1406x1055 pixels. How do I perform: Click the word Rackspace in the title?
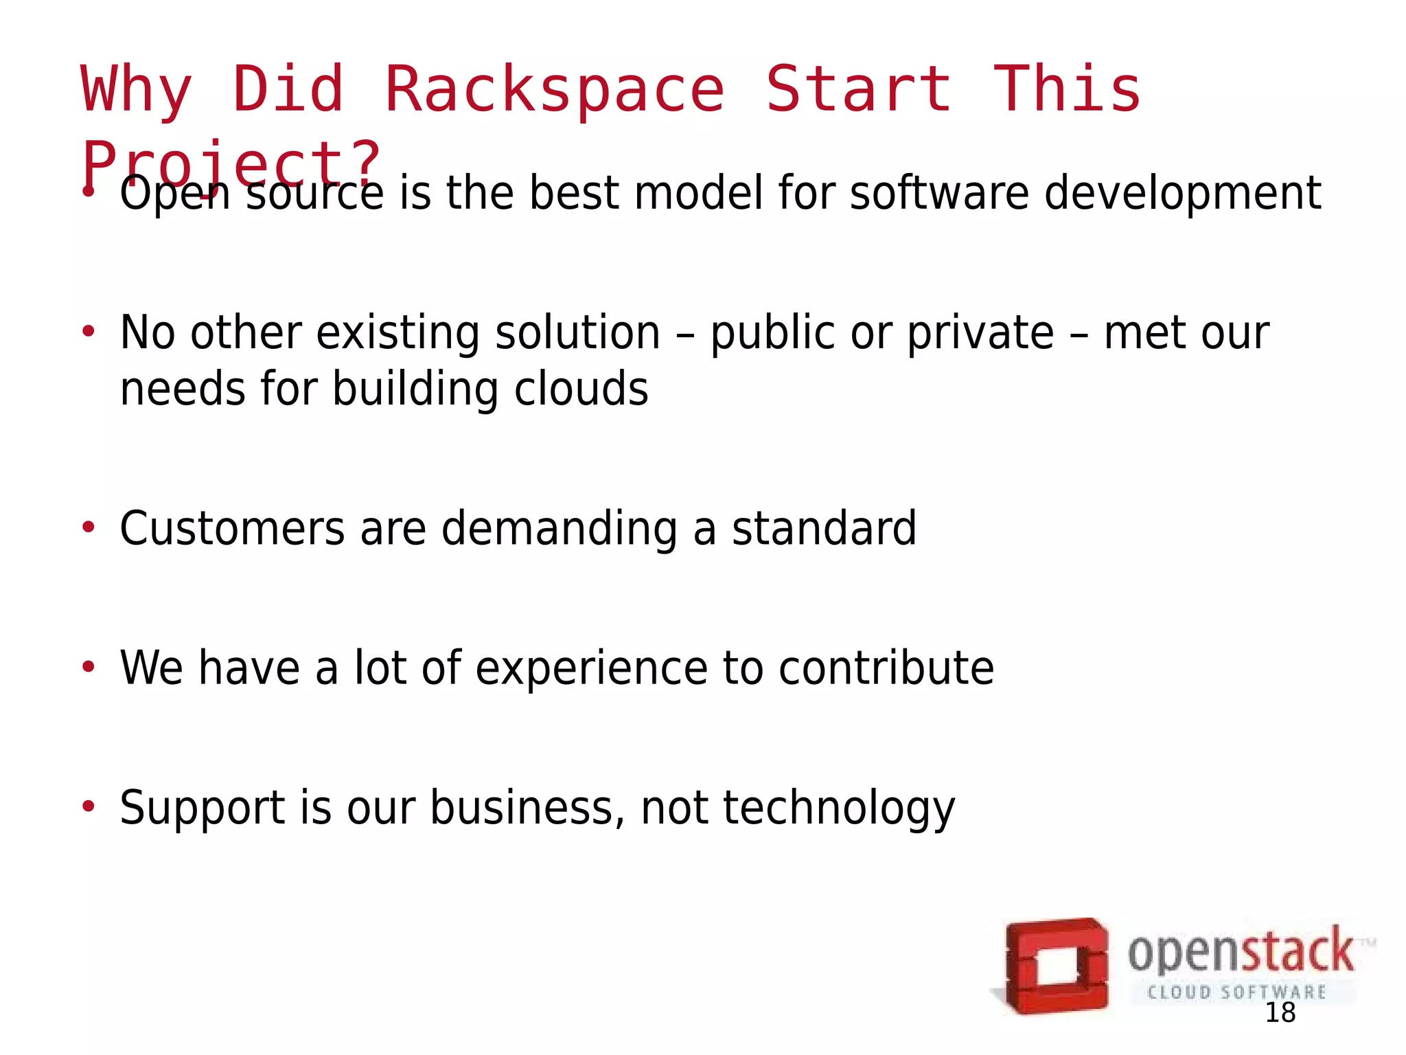point(555,89)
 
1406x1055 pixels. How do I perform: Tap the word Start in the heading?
point(859,89)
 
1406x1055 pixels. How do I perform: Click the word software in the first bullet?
point(939,193)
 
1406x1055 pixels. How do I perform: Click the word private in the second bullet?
point(980,334)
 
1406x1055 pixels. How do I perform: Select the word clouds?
point(581,389)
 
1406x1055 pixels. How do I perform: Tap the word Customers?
point(232,529)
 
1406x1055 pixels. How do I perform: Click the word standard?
point(824,529)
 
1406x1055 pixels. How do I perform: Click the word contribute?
point(886,668)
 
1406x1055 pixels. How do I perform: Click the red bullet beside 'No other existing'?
point(88,332)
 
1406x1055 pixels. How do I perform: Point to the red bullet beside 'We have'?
point(88,667)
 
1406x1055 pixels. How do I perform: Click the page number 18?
point(1280,1013)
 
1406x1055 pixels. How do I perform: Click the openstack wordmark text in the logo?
point(1241,953)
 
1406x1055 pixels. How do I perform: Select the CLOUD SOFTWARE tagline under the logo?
point(1236,992)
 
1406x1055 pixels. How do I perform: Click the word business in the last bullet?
point(527,808)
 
